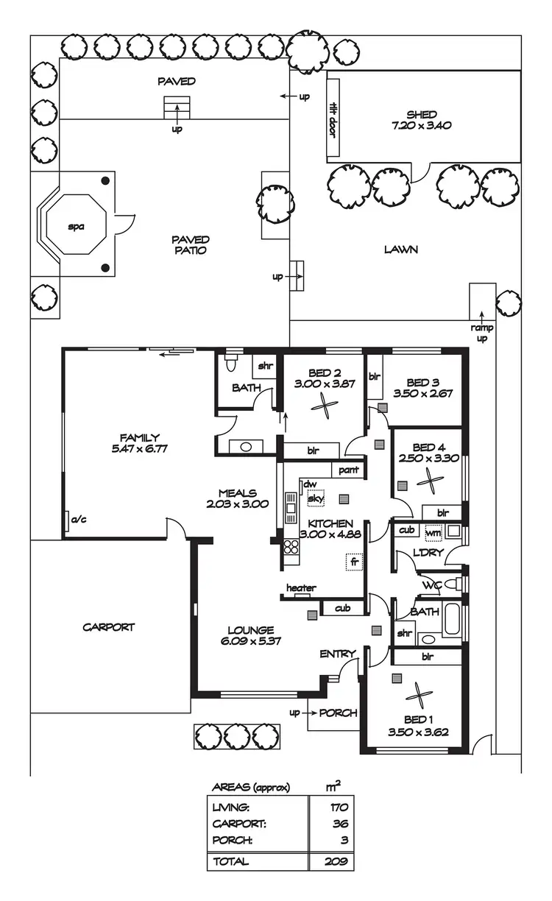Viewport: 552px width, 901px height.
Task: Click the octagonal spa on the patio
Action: click(x=77, y=226)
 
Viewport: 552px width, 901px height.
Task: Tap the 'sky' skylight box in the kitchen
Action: click(x=316, y=498)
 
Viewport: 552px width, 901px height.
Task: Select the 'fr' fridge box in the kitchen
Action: click(x=355, y=562)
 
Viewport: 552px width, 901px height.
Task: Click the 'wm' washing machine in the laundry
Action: click(x=434, y=531)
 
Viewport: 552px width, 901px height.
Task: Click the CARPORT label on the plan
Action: click(x=108, y=627)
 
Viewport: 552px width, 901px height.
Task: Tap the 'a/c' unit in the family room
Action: click(x=77, y=520)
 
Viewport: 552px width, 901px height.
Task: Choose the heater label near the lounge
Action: click(x=301, y=588)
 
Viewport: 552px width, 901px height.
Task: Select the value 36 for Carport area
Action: click(x=340, y=824)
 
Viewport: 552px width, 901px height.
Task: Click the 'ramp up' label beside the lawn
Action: click(x=482, y=333)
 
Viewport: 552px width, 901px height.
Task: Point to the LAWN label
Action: click(x=401, y=250)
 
